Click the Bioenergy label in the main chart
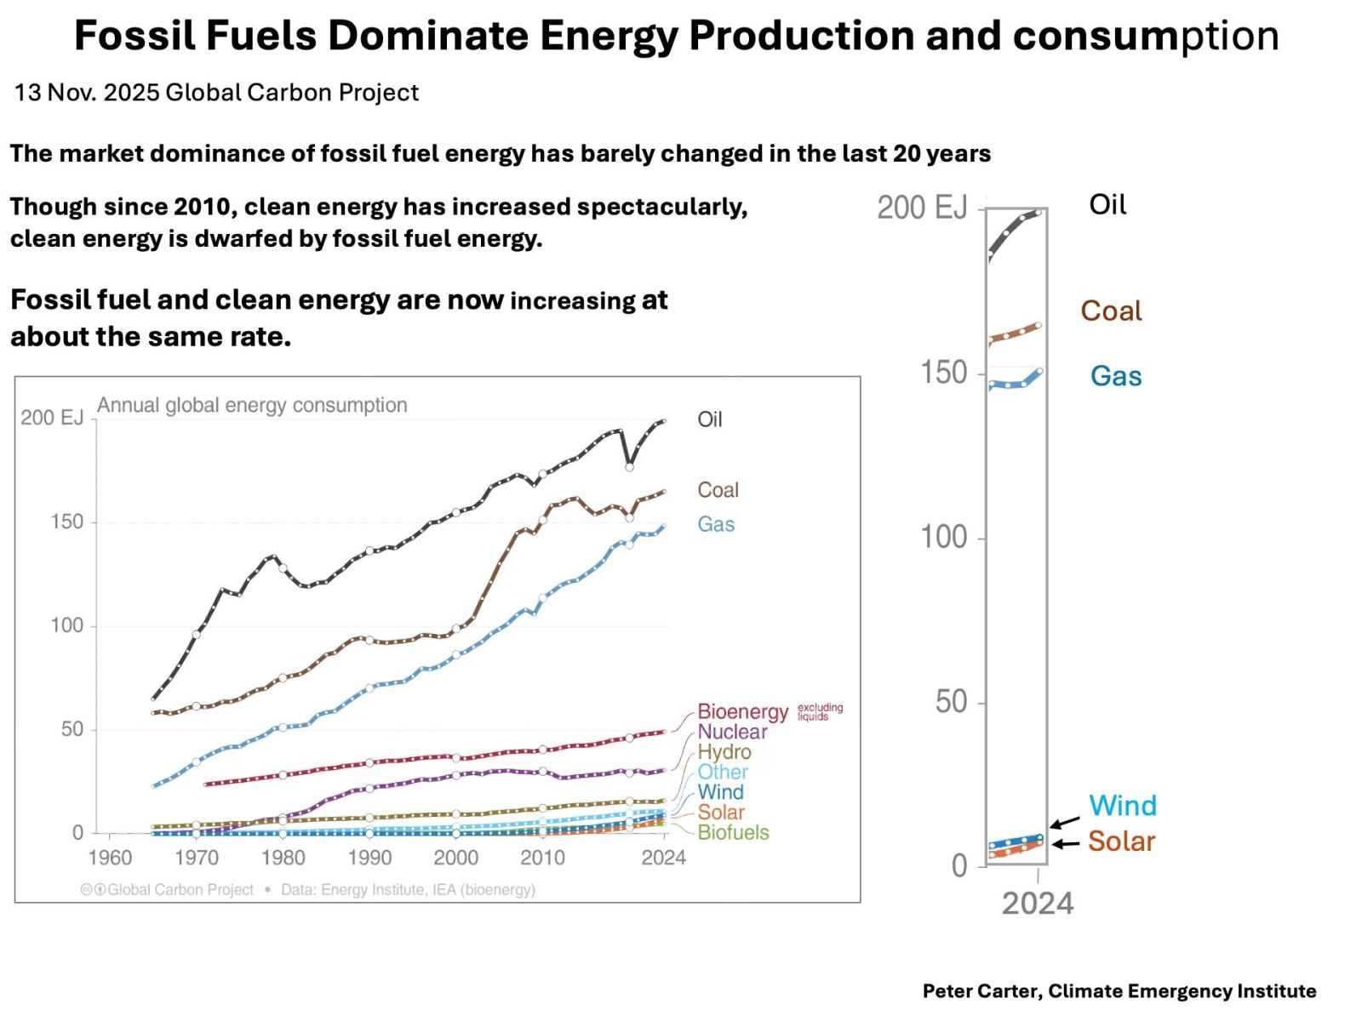click(742, 711)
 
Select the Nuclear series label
click(732, 732)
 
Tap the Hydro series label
click(724, 752)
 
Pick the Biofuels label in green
click(733, 832)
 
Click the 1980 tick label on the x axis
click(283, 858)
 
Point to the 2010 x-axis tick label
click(542, 858)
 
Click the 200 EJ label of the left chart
click(52, 418)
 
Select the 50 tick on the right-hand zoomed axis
click(951, 702)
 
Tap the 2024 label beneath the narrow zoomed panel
click(1037, 904)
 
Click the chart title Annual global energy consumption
click(252, 405)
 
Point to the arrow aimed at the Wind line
click(1064, 822)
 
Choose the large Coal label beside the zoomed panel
click(1111, 311)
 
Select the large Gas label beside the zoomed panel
click(1115, 376)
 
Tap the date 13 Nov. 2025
click(86, 93)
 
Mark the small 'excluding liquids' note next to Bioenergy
click(820, 712)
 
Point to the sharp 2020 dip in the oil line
click(629, 465)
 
